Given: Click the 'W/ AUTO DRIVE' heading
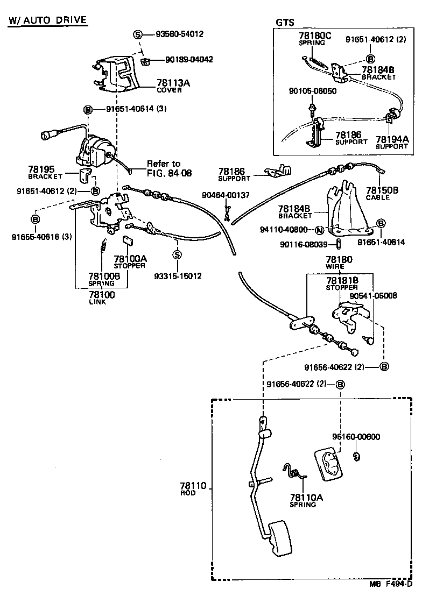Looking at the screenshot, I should point(48,20).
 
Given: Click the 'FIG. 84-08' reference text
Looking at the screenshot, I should point(169,173).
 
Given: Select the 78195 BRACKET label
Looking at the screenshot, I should point(45,173).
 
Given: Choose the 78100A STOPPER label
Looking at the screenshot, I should point(129,262).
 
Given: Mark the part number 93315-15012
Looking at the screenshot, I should point(178,276).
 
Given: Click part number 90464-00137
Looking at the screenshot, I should point(226,195).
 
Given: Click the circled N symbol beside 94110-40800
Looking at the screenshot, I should point(319,230).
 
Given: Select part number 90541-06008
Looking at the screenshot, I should point(373,295).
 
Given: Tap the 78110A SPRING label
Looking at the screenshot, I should point(306,500).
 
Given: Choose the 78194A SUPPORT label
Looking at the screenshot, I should point(391,141).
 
